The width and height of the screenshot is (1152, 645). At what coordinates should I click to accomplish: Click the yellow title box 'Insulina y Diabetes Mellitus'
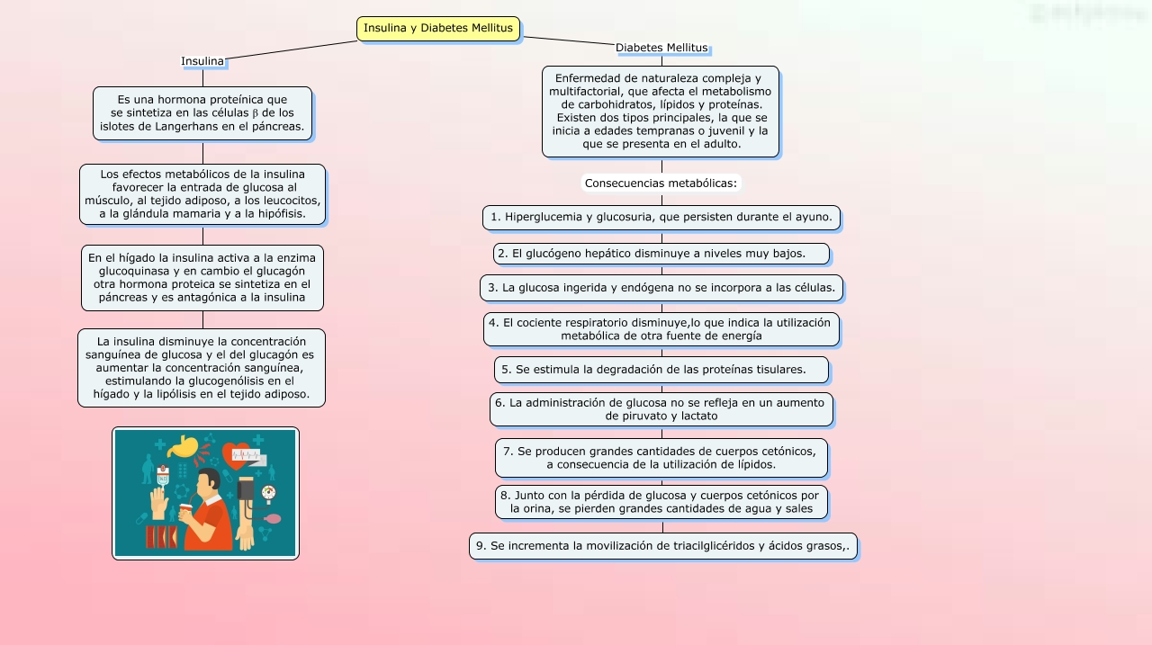click(438, 29)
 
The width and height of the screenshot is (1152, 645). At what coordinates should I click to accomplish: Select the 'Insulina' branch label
click(202, 61)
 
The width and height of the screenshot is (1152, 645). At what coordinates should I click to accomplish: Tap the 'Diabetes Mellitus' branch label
click(661, 48)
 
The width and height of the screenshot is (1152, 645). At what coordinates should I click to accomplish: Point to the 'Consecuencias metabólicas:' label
click(661, 184)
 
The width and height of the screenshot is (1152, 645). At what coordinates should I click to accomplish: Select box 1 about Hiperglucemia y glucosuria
click(661, 217)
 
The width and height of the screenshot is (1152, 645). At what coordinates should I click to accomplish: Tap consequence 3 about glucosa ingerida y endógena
click(661, 288)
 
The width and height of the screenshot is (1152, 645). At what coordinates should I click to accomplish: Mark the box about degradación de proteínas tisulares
click(661, 370)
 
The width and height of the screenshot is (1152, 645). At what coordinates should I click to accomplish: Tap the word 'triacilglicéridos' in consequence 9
click(716, 545)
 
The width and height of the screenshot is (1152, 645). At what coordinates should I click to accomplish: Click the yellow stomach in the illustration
click(185, 445)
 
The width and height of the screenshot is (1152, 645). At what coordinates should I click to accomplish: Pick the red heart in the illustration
click(238, 453)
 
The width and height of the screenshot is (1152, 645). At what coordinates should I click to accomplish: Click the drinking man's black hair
click(208, 478)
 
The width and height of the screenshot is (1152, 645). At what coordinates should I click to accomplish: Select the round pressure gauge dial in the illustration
click(268, 492)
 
